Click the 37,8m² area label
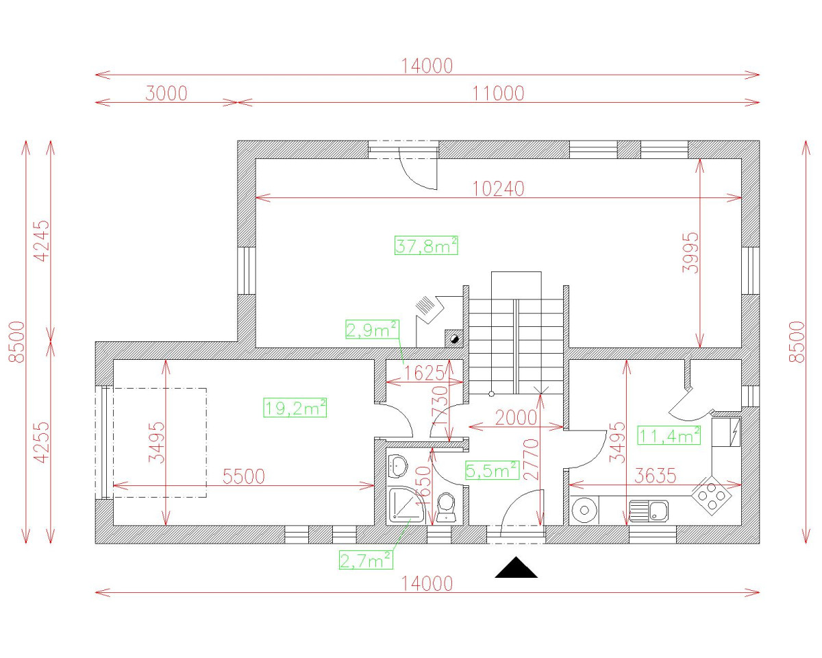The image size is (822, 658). pyautogui.click(x=426, y=245)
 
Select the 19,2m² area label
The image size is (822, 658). pyautogui.click(x=295, y=409)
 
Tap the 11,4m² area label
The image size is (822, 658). pyautogui.click(x=669, y=435)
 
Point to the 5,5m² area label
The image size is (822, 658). pyautogui.click(x=491, y=470)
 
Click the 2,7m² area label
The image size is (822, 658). pyautogui.click(x=366, y=560)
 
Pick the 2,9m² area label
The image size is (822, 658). pyautogui.click(x=372, y=330)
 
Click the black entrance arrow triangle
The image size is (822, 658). pyautogui.click(x=516, y=568)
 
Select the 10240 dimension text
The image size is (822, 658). pyautogui.click(x=498, y=189)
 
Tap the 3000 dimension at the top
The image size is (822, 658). pyautogui.click(x=166, y=93)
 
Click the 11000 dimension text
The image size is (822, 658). pyautogui.click(x=498, y=93)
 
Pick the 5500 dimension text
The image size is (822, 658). pyautogui.click(x=243, y=476)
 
